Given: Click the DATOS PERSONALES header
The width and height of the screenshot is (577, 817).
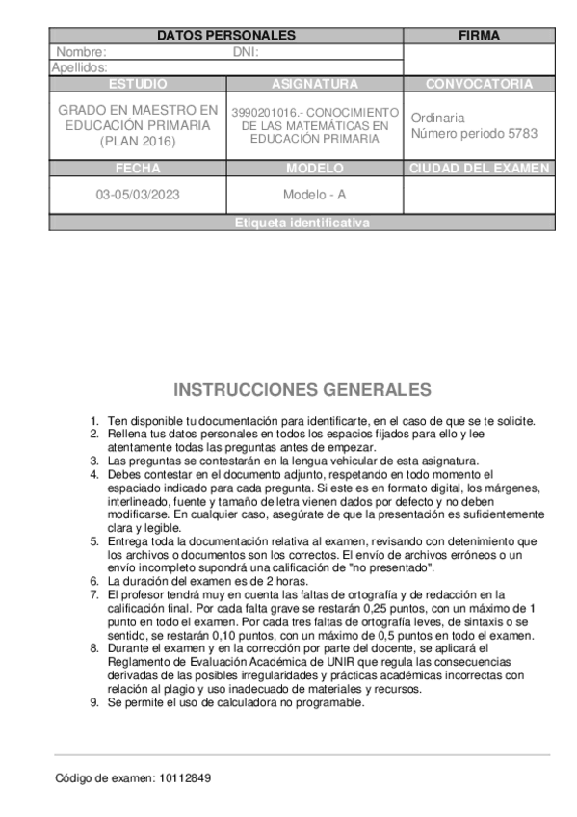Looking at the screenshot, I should pyautogui.click(x=225, y=36).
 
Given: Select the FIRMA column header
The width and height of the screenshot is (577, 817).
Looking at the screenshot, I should pyautogui.click(x=479, y=36).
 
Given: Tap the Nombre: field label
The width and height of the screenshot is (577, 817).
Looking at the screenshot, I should pyautogui.click(x=82, y=52).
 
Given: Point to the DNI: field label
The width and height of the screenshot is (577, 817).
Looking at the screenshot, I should pyautogui.click(x=247, y=52).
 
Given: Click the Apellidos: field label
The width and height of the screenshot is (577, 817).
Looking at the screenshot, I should pyautogui.click(x=79, y=67).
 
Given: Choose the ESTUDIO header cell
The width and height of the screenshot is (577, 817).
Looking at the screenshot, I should pyautogui.click(x=138, y=84).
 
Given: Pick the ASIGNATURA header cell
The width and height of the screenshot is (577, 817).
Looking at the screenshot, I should pyautogui.click(x=314, y=84).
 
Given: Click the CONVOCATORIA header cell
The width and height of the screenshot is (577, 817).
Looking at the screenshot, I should pyautogui.click(x=479, y=84).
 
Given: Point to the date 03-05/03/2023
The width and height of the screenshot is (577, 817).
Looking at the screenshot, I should pyautogui.click(x=138, y=194).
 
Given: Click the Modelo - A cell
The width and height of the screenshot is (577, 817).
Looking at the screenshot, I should pyautogui.click(x=314, y=194).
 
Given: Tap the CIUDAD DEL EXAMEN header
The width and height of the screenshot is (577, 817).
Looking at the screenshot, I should pyautogui.click(x=479, y=168).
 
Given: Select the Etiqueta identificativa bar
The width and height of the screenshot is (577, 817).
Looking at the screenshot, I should pyautogui.click(x=302, y=223).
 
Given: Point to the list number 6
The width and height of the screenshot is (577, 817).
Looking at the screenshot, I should pyautogui.click(x=94, y=582).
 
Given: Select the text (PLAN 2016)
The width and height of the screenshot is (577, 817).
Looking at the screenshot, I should pyautogui.click(x=138, y=141).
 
